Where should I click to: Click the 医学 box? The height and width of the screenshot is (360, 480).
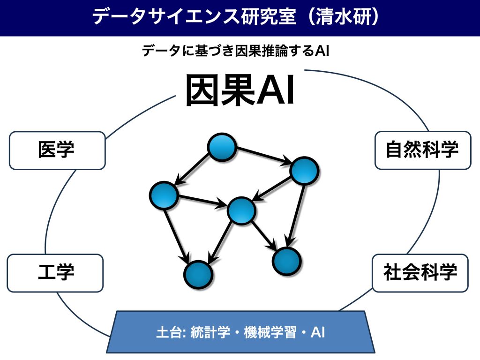coord(57,150)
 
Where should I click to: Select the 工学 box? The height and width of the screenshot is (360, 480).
coord(55,273)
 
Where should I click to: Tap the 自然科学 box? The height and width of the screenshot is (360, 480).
coord(423,150)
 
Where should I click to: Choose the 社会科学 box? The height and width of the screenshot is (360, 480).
coord(420,273)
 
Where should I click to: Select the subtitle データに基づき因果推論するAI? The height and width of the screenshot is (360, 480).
coord(235,51)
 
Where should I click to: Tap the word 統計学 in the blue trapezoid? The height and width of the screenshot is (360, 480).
coord(210,332)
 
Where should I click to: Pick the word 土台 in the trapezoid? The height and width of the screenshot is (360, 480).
coord(169,332)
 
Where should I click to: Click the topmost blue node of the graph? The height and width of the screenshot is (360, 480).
coord(222,147)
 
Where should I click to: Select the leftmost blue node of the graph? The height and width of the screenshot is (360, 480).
coord(164,195)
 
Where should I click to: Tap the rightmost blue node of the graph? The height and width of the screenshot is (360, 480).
coord(304,171)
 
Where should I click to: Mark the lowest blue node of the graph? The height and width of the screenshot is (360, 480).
coord(198,275)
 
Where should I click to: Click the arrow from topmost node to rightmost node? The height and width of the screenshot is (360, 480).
coord(263,157)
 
